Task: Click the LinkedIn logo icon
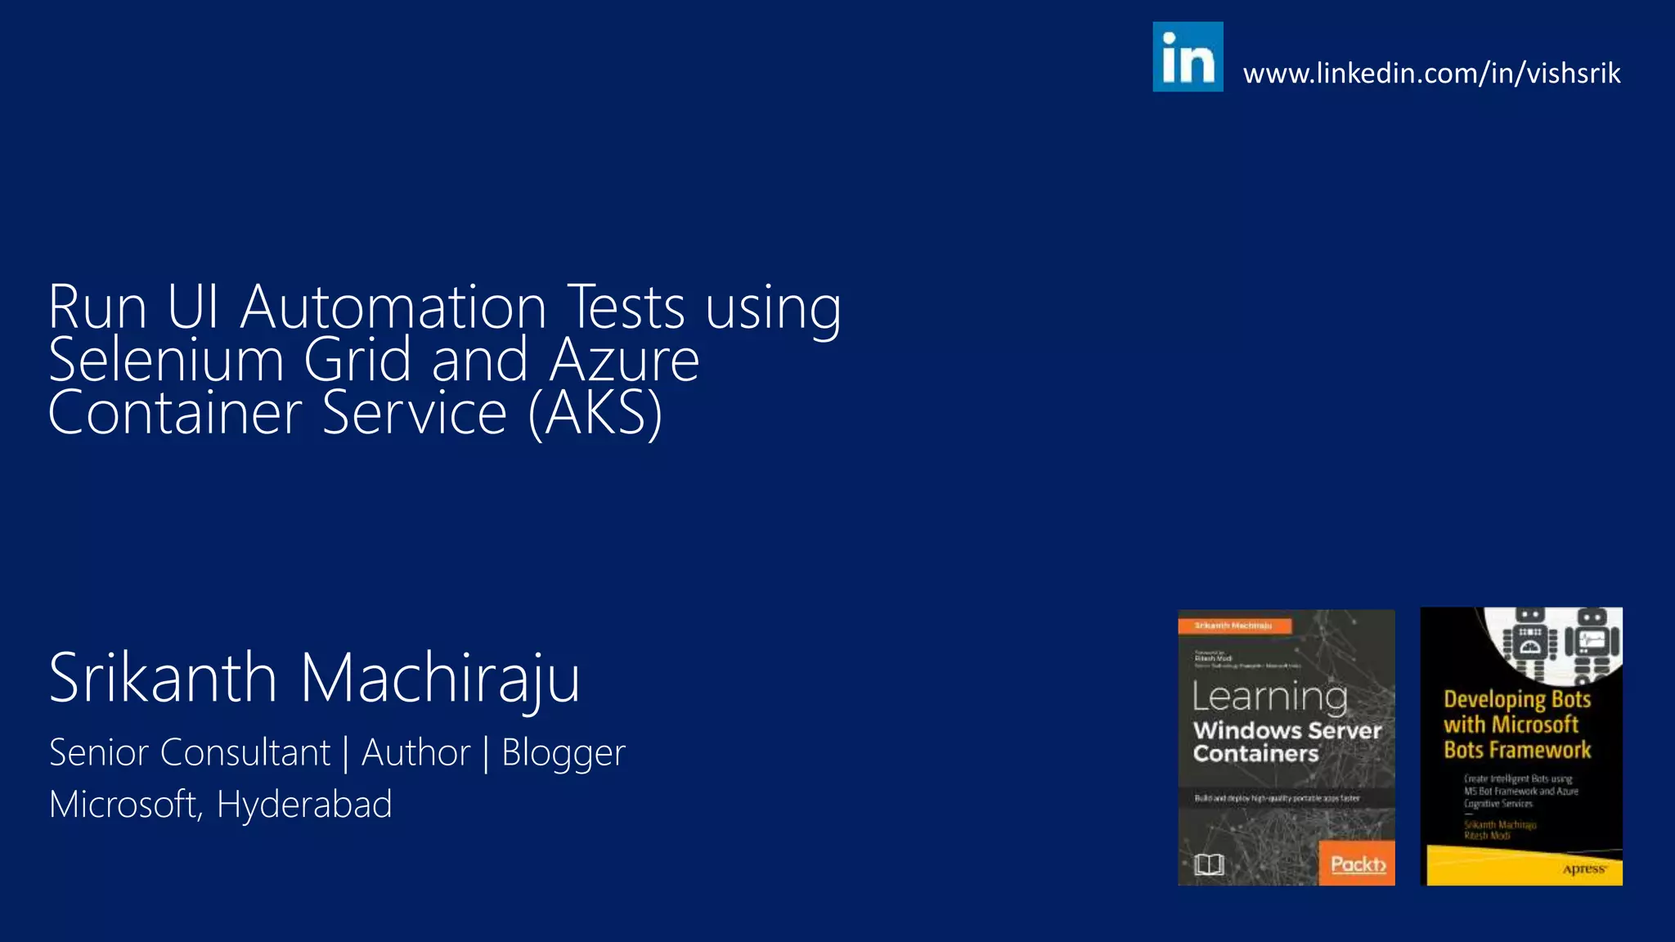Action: pos(1188,56)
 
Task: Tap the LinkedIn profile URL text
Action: pos(1431,74)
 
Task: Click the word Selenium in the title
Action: pos(166,361)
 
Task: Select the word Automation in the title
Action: pos(393,307)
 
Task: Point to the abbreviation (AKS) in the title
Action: pos(595,414)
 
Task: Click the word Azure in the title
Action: pos(624,361)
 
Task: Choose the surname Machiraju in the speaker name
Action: pos(440,679)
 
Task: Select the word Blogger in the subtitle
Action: pos(563,753)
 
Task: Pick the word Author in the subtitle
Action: pos(415,752)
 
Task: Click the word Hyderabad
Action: pos(304,805)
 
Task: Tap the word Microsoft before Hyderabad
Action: pos(124,805)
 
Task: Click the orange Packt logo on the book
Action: pos(1357,863)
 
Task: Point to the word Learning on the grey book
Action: pos(1269,697)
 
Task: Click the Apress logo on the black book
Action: pos(1583,868)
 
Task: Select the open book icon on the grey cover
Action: pos(1209,864)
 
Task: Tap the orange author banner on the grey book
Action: pos(1234,626)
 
